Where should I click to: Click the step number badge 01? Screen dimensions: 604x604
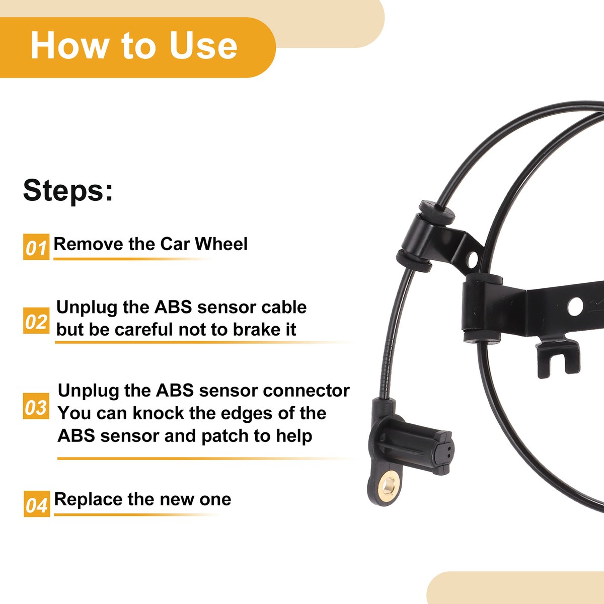coord(36,247)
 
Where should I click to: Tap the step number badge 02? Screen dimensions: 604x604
coord(36,321)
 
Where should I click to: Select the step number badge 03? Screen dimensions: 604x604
coord(36,407)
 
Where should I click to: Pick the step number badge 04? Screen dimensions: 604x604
coord(37,504)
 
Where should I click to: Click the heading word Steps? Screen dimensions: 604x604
coord(68,191)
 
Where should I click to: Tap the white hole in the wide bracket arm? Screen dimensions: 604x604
coord(574,306)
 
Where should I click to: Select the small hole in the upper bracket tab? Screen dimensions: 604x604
coord(472,260)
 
